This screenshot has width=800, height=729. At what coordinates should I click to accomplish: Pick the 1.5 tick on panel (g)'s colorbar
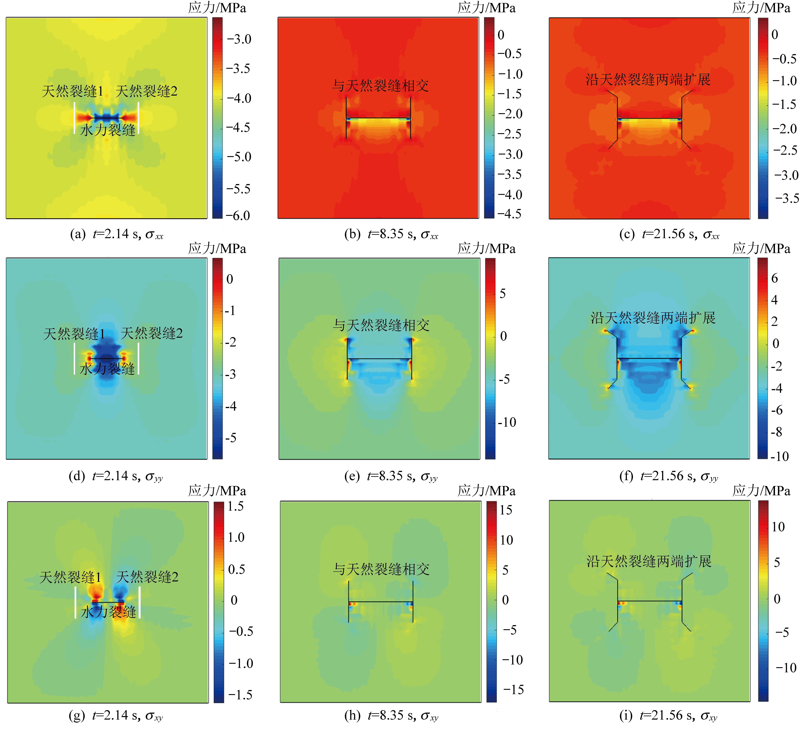(235, 507)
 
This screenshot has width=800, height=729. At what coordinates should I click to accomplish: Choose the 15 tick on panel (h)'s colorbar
(506, 510)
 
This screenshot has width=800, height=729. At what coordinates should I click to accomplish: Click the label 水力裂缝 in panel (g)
(108, 612)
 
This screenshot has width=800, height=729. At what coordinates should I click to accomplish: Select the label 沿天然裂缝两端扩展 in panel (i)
(649, 561)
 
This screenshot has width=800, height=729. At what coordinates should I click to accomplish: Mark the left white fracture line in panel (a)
(74, 118)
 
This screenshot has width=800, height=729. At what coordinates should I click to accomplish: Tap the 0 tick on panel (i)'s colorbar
(777, 599)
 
